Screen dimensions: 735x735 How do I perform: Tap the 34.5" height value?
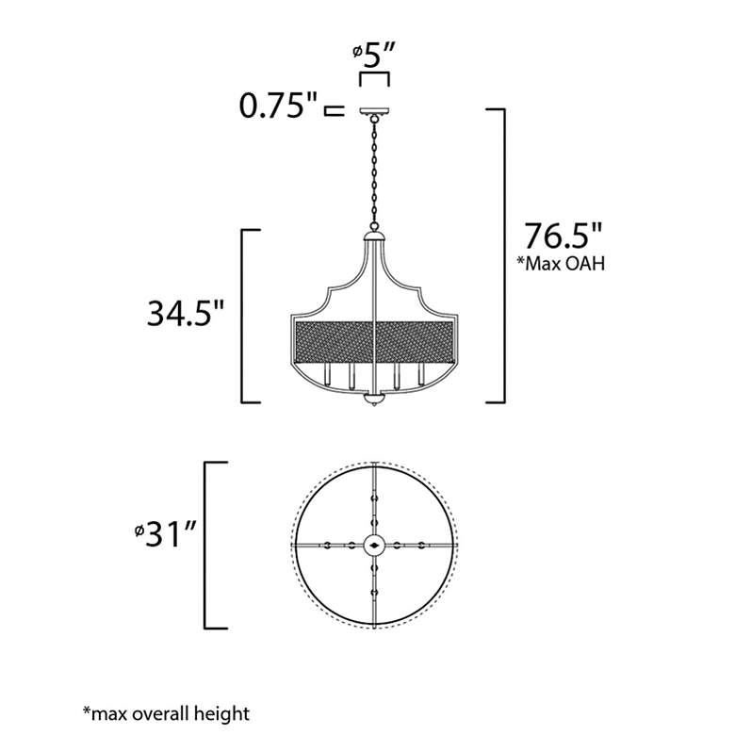pos(186,314)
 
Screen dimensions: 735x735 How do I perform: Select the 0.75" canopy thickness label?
pos(278,106)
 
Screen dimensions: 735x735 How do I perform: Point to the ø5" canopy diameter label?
pos(374,56)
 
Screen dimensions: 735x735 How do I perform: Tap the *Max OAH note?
pos(561,264)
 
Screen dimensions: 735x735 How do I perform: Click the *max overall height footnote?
pos(167,713)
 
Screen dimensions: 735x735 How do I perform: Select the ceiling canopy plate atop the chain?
pos(374,111)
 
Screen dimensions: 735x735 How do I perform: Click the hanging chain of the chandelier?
pos(374,172)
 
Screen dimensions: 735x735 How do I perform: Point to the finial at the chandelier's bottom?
pos(373,400)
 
